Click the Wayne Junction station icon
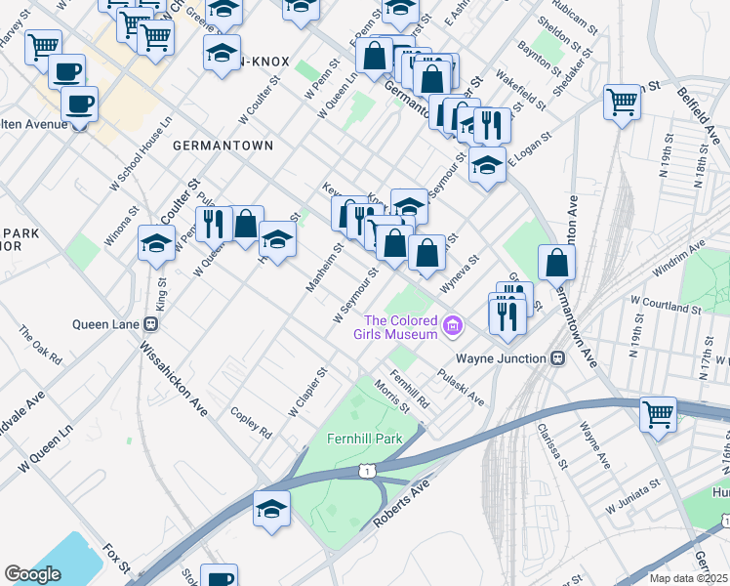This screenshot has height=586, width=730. pos(558,358)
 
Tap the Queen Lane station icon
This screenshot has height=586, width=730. pos(151,324)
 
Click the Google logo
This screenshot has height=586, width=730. pos(32,574)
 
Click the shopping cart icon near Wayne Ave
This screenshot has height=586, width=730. pos(659,414)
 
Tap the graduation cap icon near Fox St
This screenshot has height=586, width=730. pos(271,509)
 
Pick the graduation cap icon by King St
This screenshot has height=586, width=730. pos(155,244)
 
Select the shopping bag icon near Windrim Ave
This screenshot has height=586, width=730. pos(556,262)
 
